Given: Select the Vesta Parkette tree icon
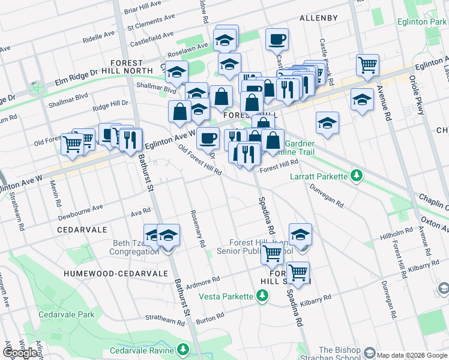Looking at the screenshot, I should (x=262, y=295).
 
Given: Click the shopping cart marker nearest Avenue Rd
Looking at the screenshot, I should (x=367, y=65).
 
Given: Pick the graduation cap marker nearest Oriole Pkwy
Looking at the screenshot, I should (x=362, y=99).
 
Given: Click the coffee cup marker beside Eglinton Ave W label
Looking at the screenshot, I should (x=208, y=138).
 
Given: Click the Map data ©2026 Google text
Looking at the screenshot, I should (x=412, y=355).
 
